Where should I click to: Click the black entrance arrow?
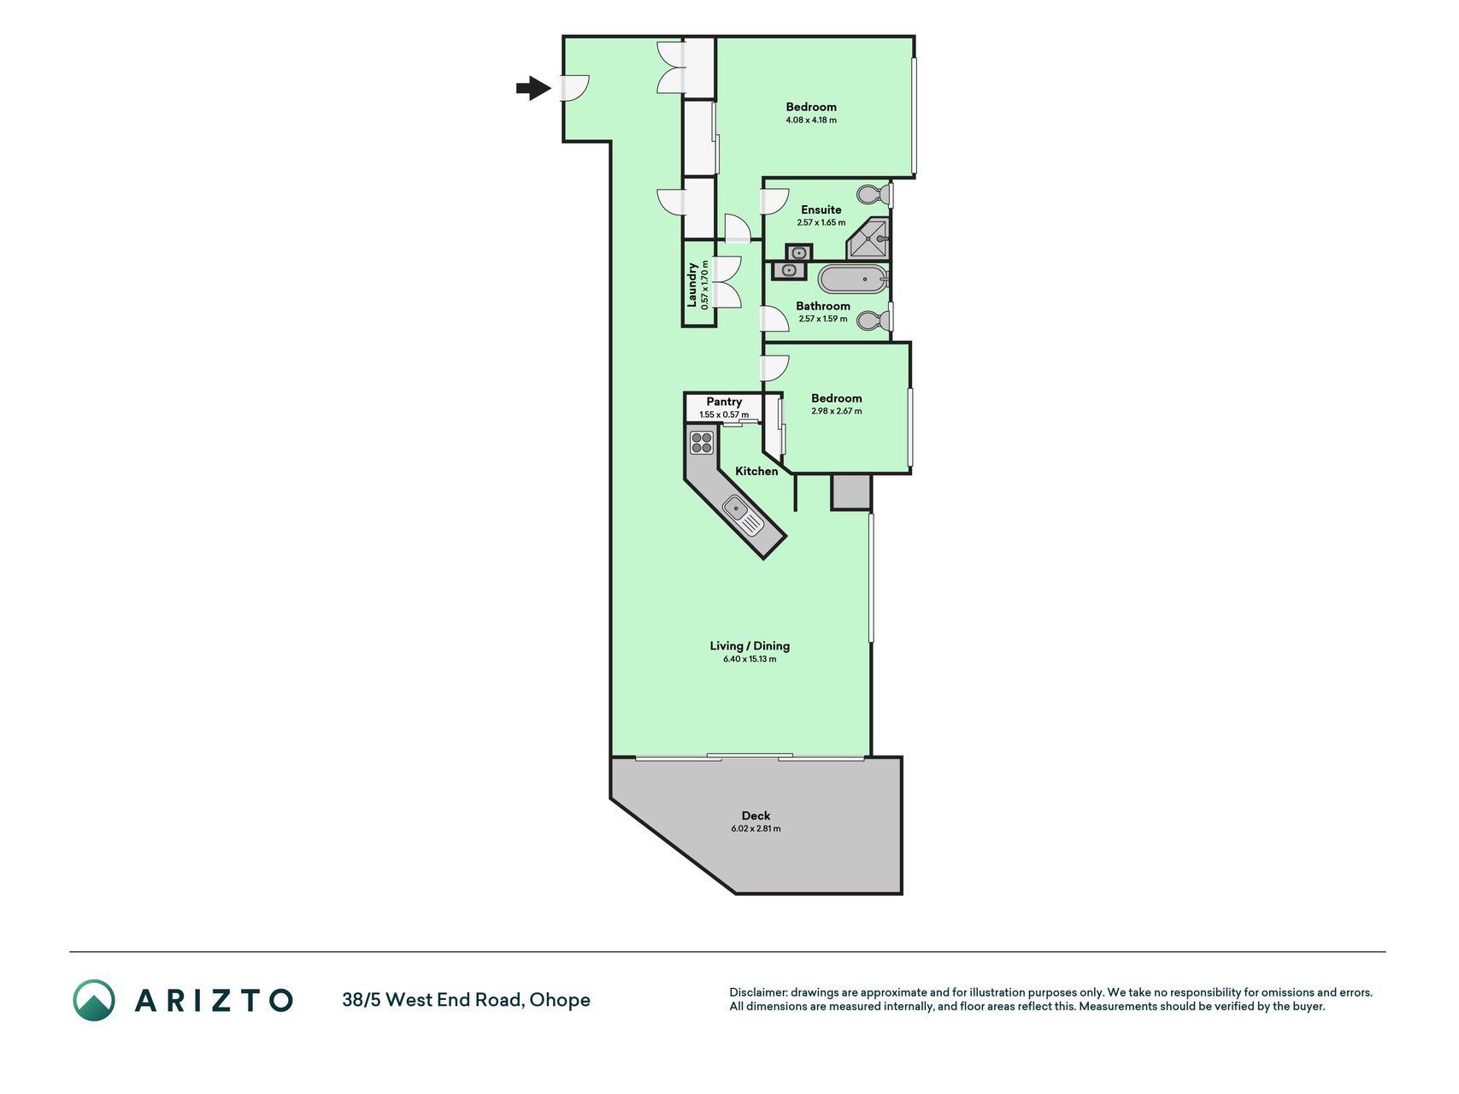[x=533, y=88]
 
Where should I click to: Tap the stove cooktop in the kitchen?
[x=702, y=443]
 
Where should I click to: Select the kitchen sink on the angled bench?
[x=743, y=515]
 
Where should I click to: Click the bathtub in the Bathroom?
[x=853, y=279]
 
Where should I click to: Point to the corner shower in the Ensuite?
[x=868, y=238]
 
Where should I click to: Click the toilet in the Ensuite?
[x=874, y=194]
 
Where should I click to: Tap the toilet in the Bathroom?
[x=874, y=321]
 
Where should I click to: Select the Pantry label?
[x=724, y=402]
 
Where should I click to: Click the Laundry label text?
[x=692, y=285]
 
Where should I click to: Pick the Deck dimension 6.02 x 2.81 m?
[x=756, y=828]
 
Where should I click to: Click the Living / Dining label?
[x=750, y=646]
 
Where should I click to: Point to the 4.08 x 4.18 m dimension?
[x=811, y=120]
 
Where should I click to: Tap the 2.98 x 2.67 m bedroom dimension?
[x=837, y=411]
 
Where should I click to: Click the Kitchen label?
[x=756, y=471]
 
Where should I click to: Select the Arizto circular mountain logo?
[x=94, y=1000]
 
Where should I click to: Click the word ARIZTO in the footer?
[x=214, y=1000]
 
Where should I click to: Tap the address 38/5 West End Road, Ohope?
[x=466, y=1000]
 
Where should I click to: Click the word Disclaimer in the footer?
[x=758, y=992]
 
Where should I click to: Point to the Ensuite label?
[x=821, y=209]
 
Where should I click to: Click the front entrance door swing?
[x=575, y=88]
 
